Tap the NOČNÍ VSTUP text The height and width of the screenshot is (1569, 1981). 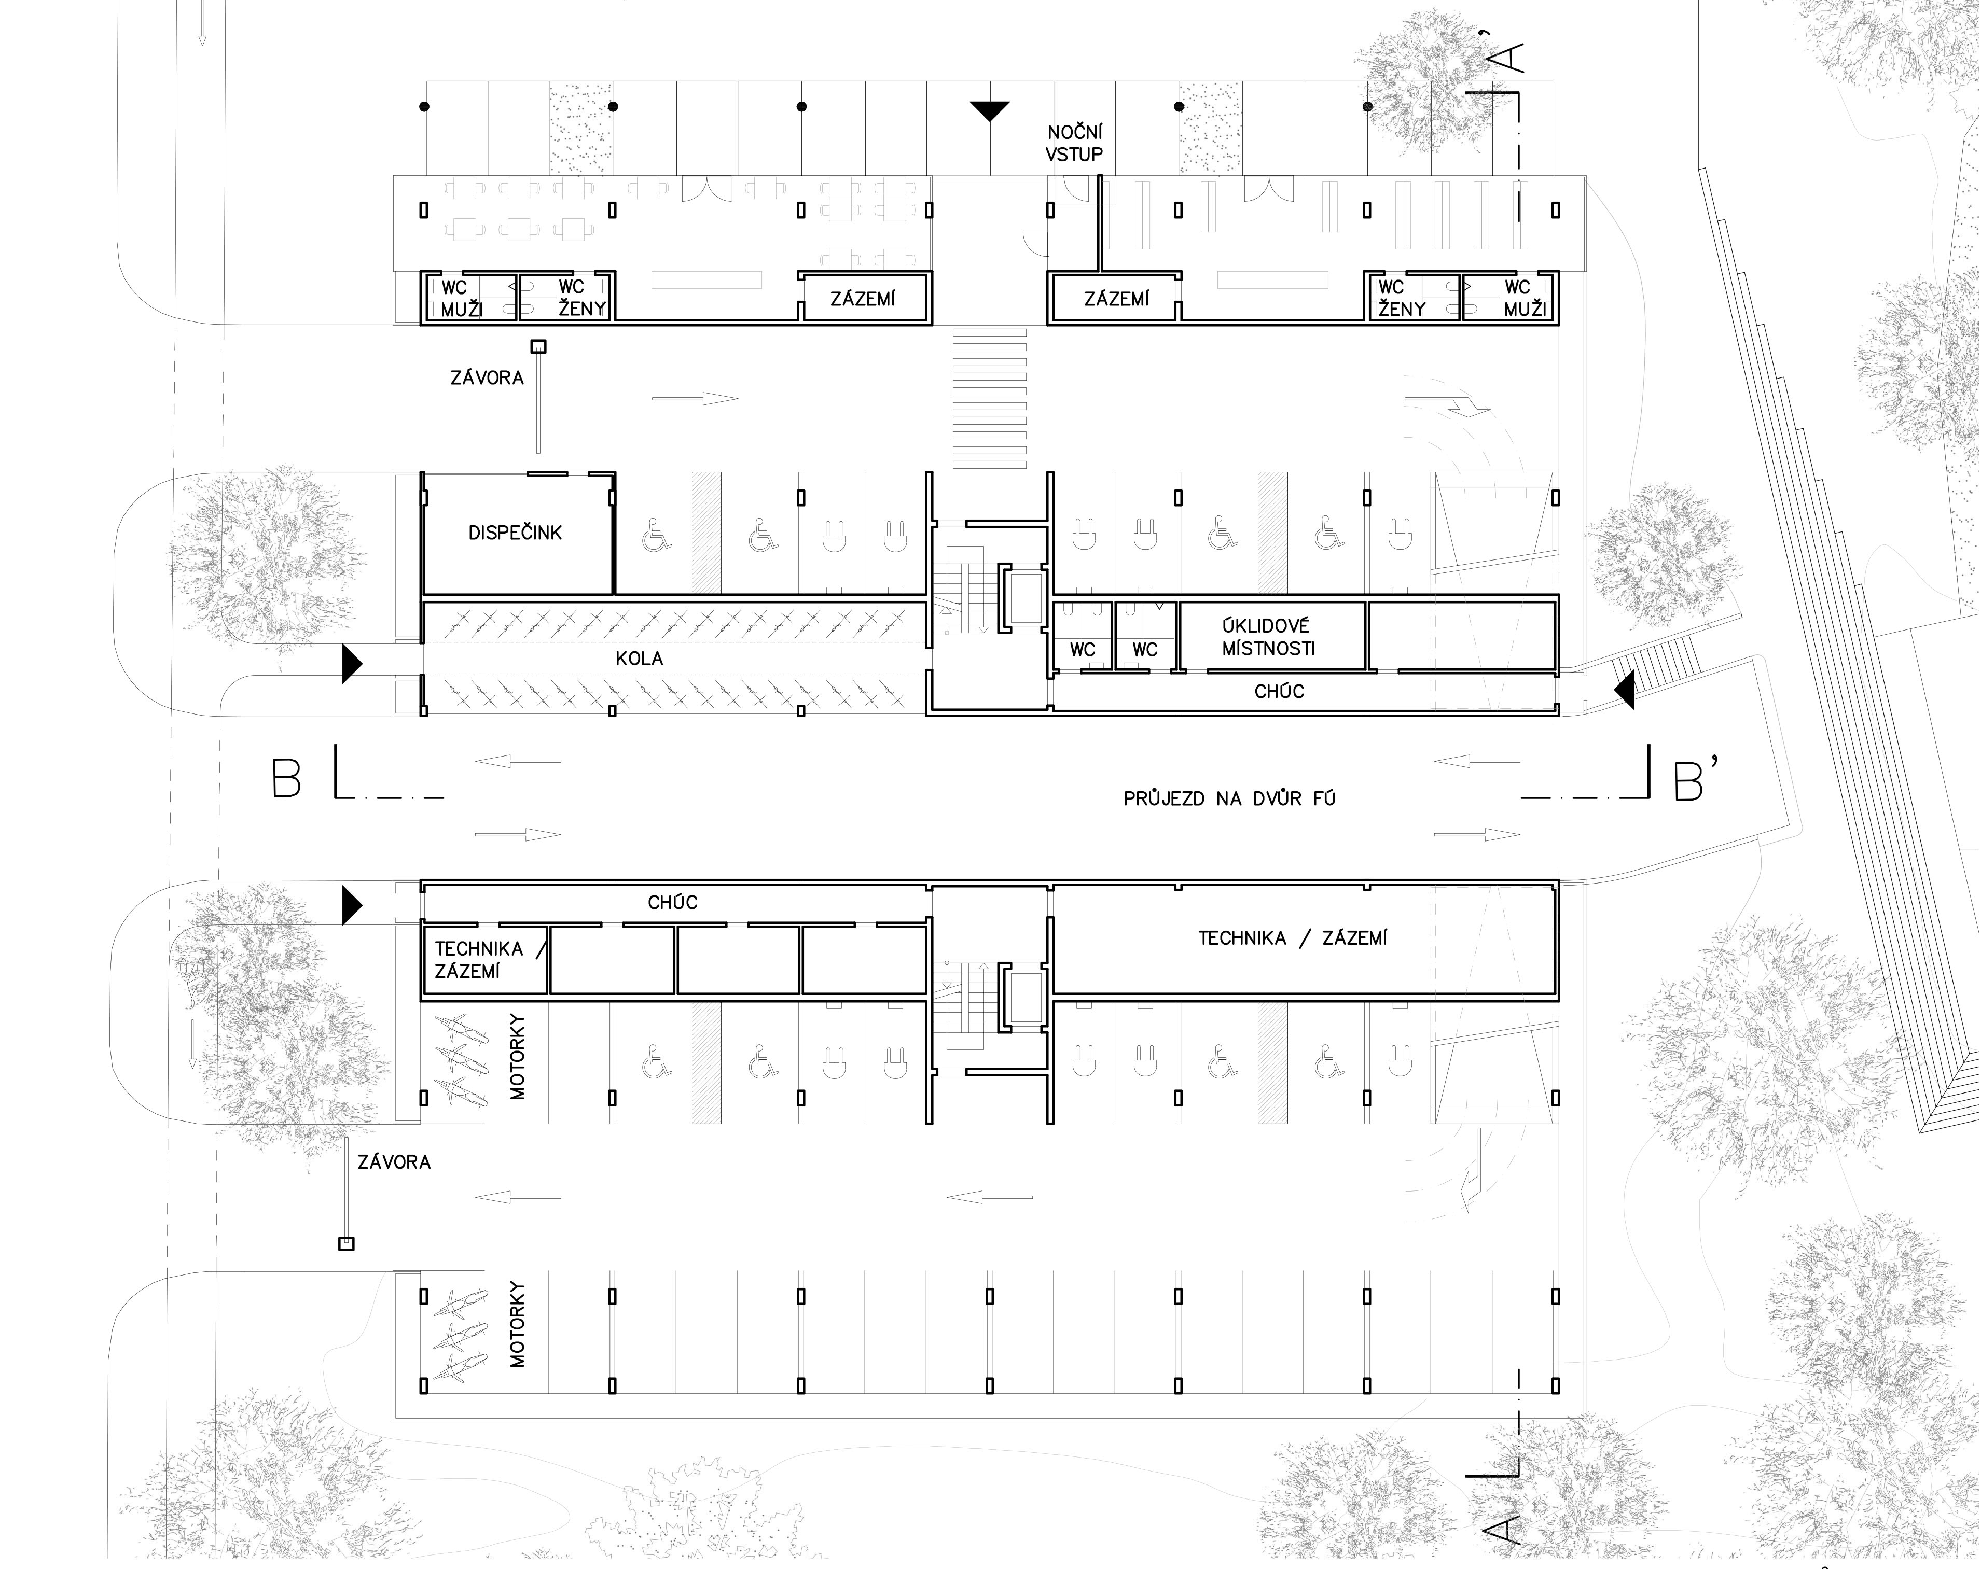coord(1074,143)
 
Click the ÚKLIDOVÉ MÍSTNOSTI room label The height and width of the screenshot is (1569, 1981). coord(1268,637)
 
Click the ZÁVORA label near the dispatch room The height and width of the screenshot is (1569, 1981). coord(487,377)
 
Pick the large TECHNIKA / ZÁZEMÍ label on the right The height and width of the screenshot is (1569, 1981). coord(1292,938)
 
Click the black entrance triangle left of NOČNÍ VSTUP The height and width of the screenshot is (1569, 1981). coord(990,110)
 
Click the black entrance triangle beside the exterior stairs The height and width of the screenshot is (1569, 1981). coord(1625,689)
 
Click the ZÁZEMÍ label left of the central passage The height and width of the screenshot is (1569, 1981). coord(862,299)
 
